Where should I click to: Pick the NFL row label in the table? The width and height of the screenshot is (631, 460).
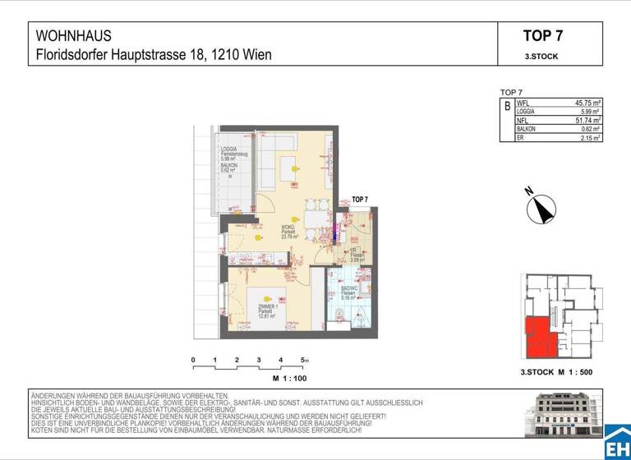tap(523, 121)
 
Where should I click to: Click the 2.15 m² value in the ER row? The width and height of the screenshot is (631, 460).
tap(588, 137)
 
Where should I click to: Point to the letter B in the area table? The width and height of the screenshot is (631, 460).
tap(507, 107)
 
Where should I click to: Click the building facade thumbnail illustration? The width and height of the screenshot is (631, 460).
tap(566, 416)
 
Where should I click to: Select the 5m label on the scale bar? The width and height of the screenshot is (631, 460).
tap(305, 361)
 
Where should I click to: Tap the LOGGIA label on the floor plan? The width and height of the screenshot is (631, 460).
tap(229, 149)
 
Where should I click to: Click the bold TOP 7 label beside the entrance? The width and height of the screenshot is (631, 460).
tap(360, 200)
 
